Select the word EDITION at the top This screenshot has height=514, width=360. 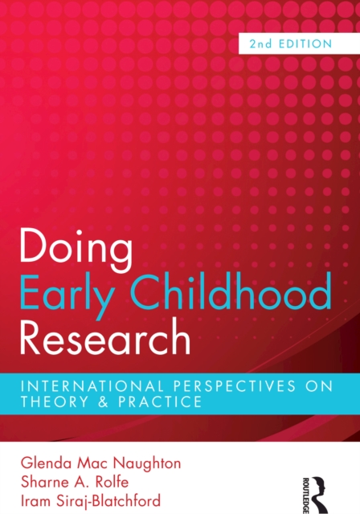point(305,44)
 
